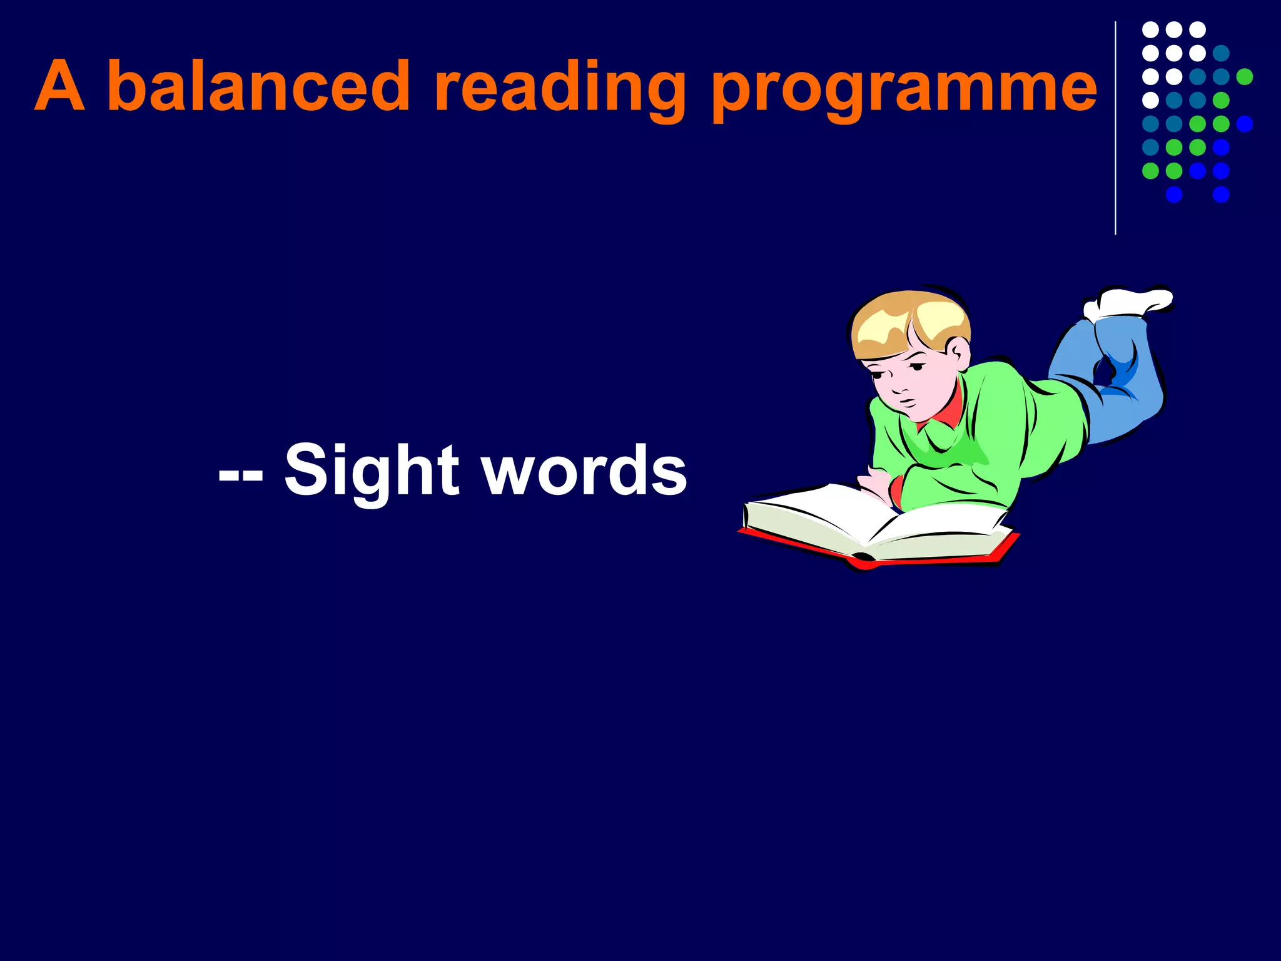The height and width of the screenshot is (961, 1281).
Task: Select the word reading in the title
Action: [x=560, y=88]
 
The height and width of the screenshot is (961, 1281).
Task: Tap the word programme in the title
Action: [x=904, y=88]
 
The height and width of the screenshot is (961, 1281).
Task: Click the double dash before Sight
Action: [x=241, y=475]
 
